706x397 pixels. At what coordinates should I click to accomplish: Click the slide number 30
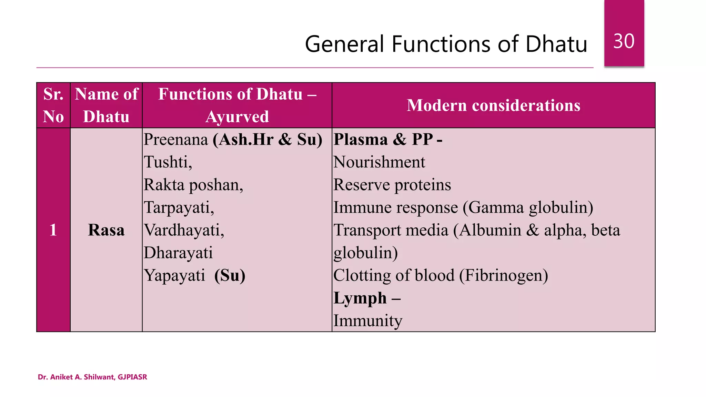pos(624,41)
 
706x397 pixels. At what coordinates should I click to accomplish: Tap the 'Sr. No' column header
pos(53,105)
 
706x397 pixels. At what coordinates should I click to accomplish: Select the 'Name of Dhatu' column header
pos(106,105)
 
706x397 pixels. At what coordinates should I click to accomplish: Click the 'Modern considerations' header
pos(493,105)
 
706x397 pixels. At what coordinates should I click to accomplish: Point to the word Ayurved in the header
pos(237,116)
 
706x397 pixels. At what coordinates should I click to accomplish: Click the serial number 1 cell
pos(53,230)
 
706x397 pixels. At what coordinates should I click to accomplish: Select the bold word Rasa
pos(106,230)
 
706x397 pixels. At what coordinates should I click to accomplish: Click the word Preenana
pos(176,140)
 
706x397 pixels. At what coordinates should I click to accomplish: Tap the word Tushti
pos(168,162)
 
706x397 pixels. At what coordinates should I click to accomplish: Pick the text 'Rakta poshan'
pos(193,185)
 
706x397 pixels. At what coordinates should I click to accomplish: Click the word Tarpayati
pos(179,207)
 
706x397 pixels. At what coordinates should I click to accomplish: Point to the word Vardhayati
pos(184,230)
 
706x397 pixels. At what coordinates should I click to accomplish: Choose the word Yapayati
pos(174,275)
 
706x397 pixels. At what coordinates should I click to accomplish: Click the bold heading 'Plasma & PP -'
pos(388,140)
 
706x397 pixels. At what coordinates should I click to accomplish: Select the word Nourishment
pos(379,162)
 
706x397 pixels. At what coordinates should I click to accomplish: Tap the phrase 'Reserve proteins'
pos(392,185)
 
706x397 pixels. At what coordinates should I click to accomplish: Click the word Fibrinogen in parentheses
pos(504,275)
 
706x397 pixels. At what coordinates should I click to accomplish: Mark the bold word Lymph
pos(360,298)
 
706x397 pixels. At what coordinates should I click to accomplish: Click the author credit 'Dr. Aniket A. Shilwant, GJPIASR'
pos(92,377)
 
